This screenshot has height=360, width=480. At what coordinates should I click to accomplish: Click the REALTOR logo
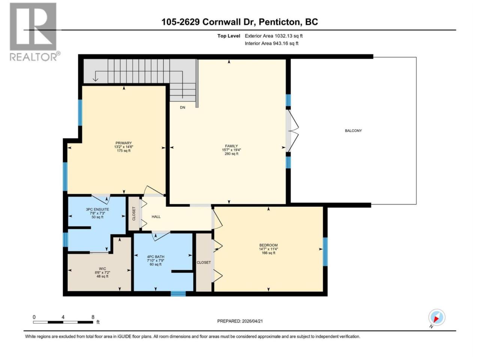tap(35, 32)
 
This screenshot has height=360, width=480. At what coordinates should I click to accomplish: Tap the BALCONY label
tap(353, 131)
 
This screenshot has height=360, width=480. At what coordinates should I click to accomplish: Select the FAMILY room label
tap(231, 146)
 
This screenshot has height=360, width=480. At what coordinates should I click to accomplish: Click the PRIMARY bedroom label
tap(123, 143)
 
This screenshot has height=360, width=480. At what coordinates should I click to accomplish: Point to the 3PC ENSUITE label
tap(97, 209)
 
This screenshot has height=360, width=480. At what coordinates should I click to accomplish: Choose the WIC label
tap(102, 269)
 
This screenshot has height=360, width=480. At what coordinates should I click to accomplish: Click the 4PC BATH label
tap(156, 257)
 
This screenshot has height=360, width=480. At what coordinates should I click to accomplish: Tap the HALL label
tap(156, 217)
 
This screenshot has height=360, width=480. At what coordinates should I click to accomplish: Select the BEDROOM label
tap(268, 245)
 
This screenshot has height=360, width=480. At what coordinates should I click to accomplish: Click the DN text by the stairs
tap(182, 107)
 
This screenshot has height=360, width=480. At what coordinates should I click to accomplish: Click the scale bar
tap(63, 322)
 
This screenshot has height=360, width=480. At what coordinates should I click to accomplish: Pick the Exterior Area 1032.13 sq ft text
tap(274, 36)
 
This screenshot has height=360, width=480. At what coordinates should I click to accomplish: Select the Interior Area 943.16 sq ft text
tap(271, 43)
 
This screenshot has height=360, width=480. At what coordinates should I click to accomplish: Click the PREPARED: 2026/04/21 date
tap(240, 321)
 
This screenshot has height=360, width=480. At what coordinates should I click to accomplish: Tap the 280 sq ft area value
tap(231, 154)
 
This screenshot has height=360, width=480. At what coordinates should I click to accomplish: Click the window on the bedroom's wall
tap(325, 252)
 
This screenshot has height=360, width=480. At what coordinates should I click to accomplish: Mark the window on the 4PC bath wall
tap(178, 294)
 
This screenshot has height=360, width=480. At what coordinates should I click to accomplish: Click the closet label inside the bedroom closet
tap(204, 262)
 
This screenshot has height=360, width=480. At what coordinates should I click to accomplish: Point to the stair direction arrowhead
tap(95, 79)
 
